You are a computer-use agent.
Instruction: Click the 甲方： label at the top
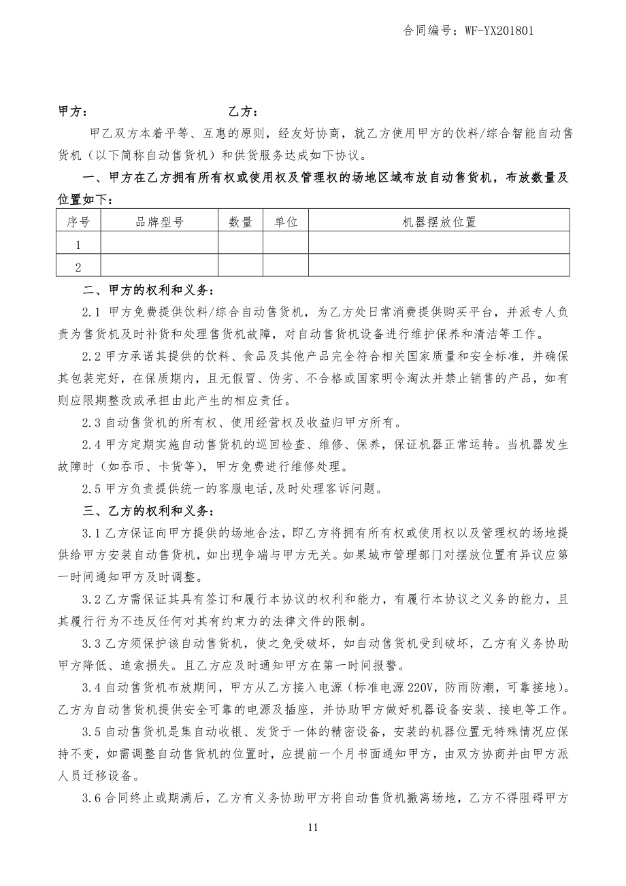pos(73,112)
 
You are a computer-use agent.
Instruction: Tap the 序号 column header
pos(78,221)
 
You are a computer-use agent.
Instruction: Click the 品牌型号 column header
pos(159,221)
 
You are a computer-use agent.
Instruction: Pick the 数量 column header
pos(240,221)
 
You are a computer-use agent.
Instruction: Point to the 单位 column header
pos(286,221)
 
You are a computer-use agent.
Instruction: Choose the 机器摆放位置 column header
pos(439,221)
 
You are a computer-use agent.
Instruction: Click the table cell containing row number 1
pos(78,244)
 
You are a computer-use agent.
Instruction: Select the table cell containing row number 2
pos(78,267)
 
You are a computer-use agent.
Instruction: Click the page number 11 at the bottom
pos(313,827)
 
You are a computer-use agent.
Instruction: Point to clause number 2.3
pos(91,423)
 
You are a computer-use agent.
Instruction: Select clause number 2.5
pos(91,489)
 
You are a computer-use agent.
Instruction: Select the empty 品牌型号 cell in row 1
pos(159,244)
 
